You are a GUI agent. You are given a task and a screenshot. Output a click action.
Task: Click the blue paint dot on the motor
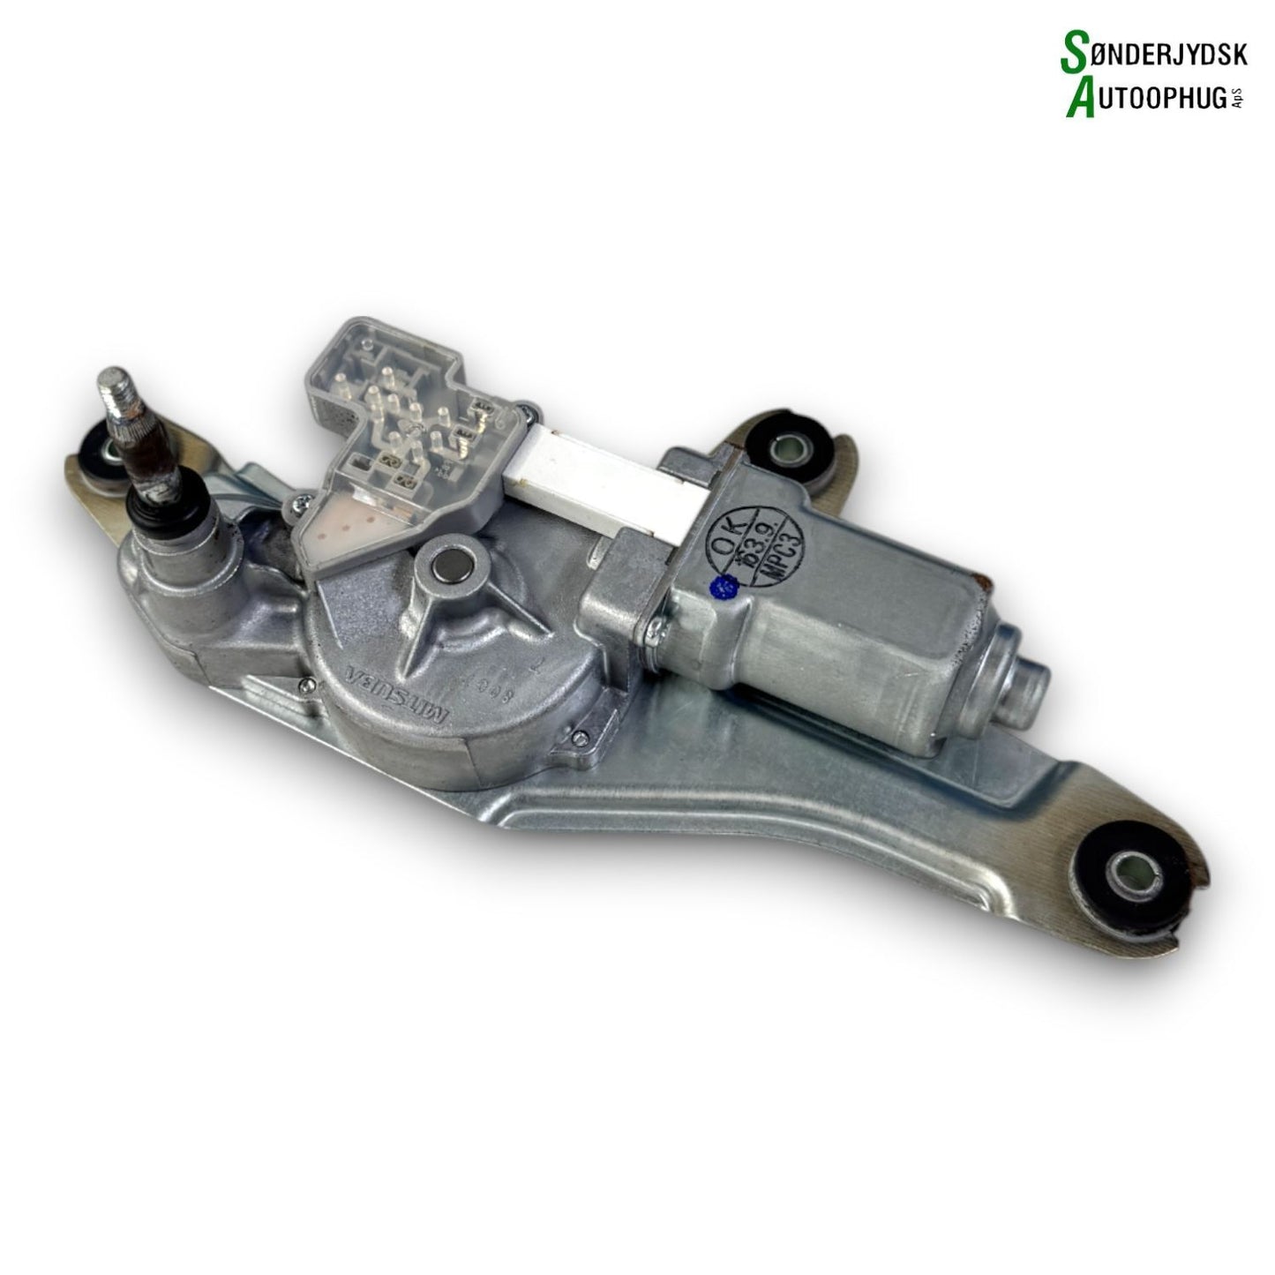729,583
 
